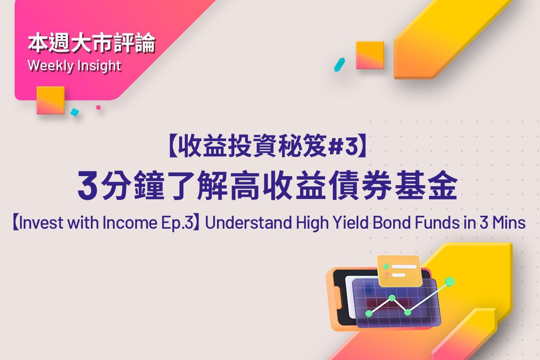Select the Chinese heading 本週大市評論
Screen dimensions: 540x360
click(x=92, y=43)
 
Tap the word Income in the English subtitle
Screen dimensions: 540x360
click(x=130, y=222)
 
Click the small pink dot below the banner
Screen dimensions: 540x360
click(x=98, y=107)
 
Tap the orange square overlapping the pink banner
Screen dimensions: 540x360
click(x=50, y=100)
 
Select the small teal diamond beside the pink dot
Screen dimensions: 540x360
click(x=74, y=112)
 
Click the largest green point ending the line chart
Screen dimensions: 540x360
click(x=450, y=281)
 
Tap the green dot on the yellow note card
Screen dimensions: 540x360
click(x=386, y=267)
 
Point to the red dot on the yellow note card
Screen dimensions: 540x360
click(x=387, y=275)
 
